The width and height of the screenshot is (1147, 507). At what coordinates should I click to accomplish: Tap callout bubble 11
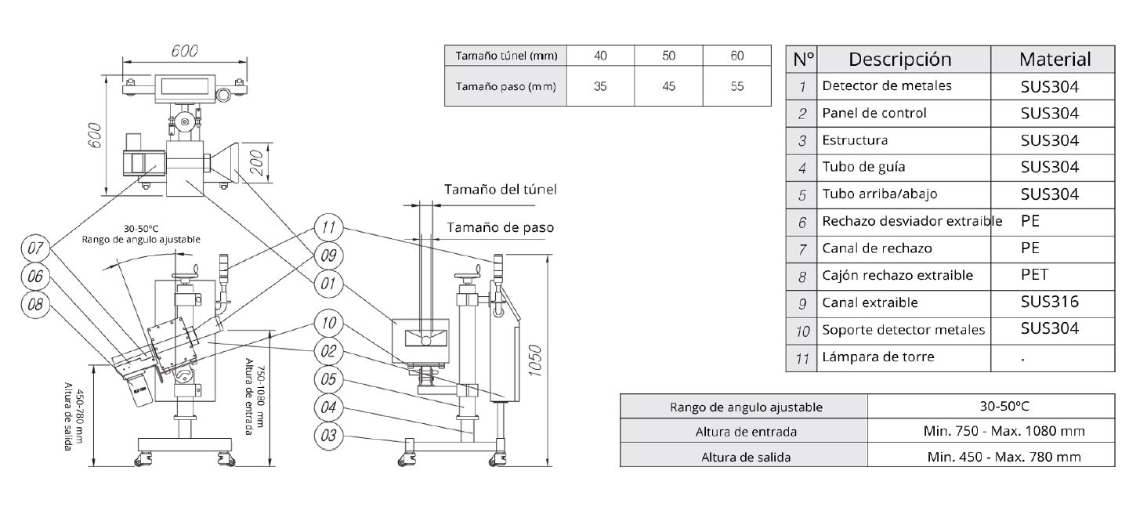(329, 228)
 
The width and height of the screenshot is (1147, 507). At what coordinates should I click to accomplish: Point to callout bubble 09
(329, 255)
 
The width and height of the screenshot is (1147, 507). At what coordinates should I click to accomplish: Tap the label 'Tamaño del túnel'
(501, 190)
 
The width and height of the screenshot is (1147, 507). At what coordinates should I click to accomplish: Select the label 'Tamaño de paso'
(501, 228)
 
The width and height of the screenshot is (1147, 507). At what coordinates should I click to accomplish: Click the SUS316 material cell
(1049, 302)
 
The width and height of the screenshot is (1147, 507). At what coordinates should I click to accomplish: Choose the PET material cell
(1034, 275)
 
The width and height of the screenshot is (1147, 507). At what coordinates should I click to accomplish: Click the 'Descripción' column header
(900, 60)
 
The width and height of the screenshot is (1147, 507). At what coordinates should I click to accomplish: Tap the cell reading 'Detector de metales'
(887, 86)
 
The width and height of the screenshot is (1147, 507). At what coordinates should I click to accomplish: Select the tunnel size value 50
(668, 56)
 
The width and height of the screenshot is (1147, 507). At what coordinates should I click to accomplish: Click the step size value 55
(736, 87)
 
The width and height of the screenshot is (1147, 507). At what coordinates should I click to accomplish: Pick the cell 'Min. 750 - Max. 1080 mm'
(991, 431)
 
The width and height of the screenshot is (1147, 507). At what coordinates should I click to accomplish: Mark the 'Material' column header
(1054, 60)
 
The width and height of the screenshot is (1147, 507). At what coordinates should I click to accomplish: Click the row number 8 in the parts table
(801, 276)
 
